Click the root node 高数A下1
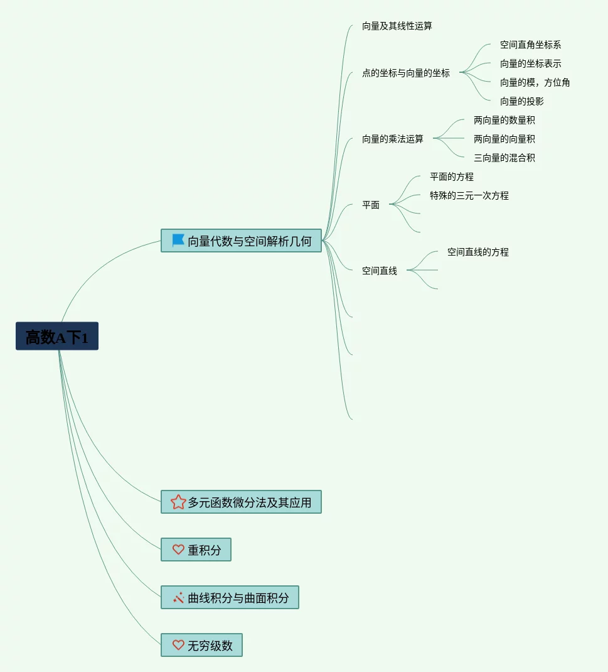point(57,337)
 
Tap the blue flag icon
point(178,241)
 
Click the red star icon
point(178,502)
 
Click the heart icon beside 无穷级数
point(178,645)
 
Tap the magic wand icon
point(178,598)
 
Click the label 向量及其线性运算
point(397,26)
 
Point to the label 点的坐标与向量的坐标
point(405,73)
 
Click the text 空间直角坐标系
point(530,45)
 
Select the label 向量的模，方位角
point(535,83)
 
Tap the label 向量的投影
point(521,102)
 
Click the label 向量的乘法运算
point(392,139)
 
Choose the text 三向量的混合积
point(504,158)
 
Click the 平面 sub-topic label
point(370,205)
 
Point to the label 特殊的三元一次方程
point(469,196)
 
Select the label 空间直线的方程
point(477,252)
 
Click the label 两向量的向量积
point(504,139)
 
